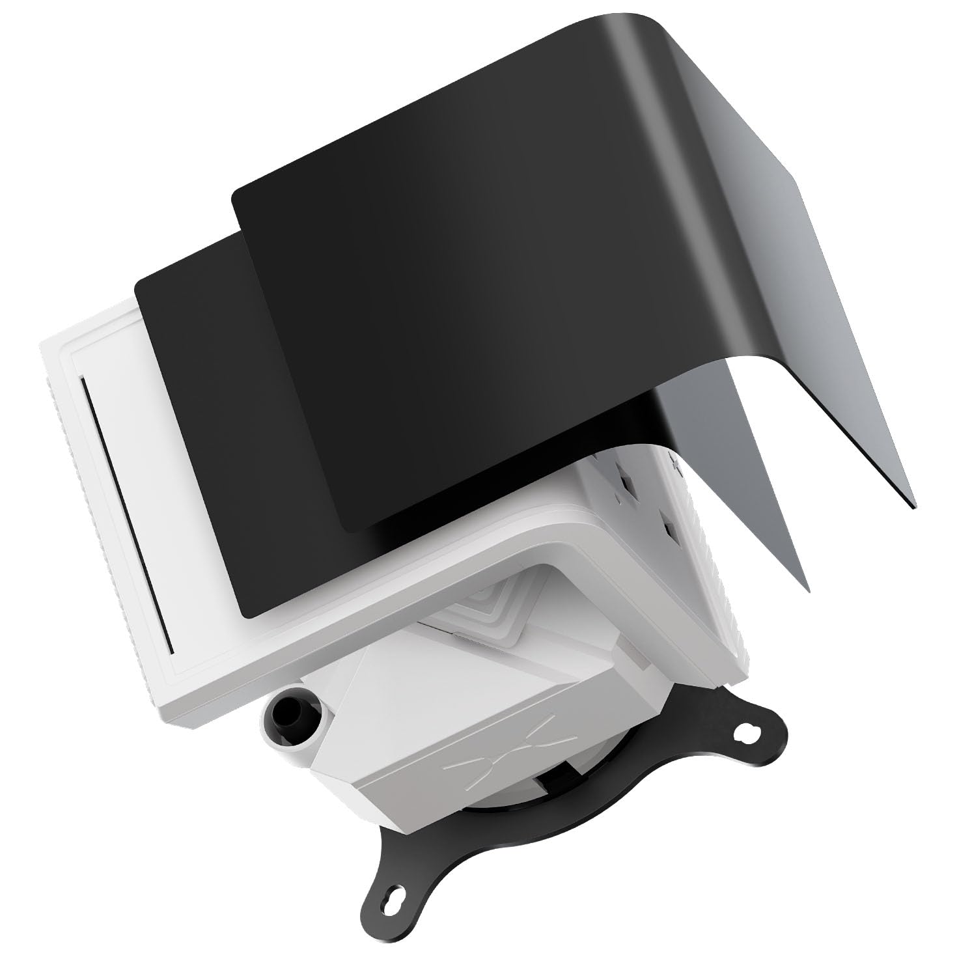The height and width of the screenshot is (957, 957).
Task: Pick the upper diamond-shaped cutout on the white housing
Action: pyautogui.click(x=629, y=482)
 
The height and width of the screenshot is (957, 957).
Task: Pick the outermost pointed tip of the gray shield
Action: pyautogui.click(x=914, y=506)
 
